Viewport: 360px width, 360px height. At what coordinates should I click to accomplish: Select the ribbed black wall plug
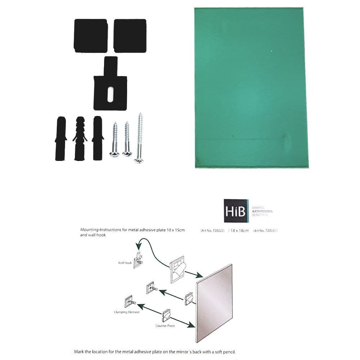pos(80,138)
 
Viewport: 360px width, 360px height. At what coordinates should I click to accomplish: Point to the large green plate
pos(251,87)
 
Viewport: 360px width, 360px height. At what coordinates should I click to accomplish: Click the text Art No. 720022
pos(212,230)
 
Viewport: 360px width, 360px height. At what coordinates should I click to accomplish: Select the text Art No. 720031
pos(265,230)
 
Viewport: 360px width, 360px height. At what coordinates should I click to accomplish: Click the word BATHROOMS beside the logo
pos(262,211)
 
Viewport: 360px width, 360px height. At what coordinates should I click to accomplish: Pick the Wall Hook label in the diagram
pos(125,263)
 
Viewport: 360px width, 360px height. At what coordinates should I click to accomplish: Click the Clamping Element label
pos(126,312)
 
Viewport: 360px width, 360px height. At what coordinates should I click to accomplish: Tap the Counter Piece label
pos(165,326)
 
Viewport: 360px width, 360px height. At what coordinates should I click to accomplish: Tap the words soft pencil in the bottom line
pos(225,352)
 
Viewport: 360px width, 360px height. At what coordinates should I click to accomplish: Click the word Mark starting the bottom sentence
pos(79,352)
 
